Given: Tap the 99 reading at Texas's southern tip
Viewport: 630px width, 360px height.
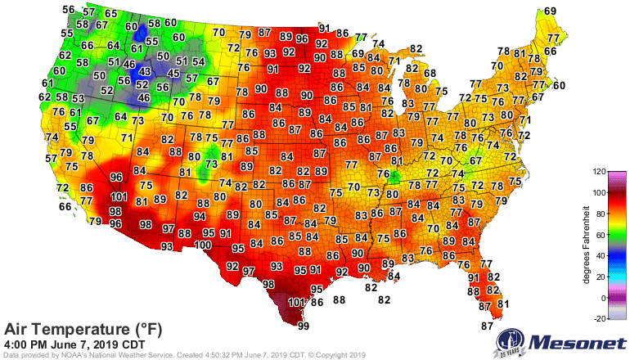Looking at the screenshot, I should pos(304,326).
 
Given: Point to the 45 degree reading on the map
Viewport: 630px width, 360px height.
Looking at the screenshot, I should pos(173,74).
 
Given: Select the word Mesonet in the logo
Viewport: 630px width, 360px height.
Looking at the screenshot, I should pos(576,341).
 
